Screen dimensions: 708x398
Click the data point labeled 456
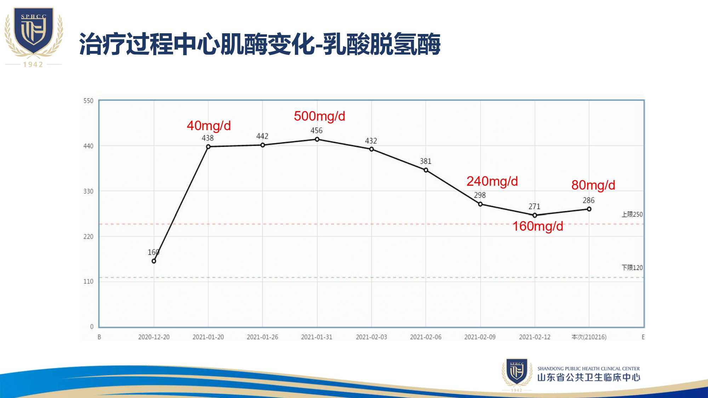(317, 139)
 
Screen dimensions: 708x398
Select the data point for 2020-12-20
(154, 261)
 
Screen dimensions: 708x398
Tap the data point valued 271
(535, 215)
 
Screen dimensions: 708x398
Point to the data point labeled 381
(426, 170)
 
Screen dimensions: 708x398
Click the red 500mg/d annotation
(319, 116)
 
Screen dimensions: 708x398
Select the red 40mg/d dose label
(209, 126)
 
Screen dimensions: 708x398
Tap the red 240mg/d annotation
(492, 181)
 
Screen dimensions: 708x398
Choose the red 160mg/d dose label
(538, 226)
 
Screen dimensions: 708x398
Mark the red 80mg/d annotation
(593, 185)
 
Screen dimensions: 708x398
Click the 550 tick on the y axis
(88, 101)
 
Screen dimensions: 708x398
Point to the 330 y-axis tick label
(88, 191)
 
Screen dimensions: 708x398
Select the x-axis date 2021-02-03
(371, 337)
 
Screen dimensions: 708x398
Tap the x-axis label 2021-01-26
(262, 337)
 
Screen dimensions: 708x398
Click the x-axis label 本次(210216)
(589, 337)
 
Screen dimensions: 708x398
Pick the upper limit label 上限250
(632, 214)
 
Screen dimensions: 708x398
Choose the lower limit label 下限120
(632, 268)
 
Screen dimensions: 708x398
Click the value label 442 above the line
(262, 136)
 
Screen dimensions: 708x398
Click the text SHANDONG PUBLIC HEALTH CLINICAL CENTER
(588, 369)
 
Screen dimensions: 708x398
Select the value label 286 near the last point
(589, 201)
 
